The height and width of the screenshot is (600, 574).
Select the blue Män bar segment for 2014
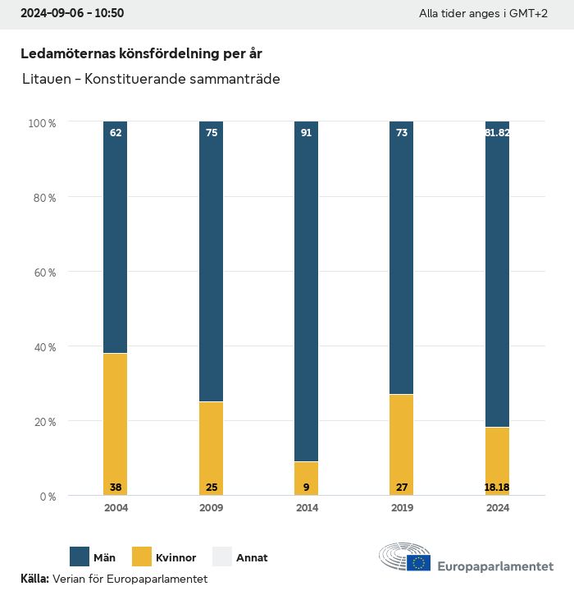pos(307,291)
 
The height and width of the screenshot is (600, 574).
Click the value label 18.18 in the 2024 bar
pos(497,488)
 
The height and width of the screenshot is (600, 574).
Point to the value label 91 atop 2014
pos(307,132)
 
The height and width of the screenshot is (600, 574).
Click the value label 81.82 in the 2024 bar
pos(497,132)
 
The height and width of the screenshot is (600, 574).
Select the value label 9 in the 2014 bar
pos(307,488)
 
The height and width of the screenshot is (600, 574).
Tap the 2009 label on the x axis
pos(211,508)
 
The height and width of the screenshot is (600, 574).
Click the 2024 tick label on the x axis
pos(497,508)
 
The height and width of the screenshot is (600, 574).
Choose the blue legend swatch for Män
pos(80,557)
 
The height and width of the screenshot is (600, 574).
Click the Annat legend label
pos(252,558)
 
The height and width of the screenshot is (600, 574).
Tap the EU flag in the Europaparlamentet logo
pos(419,562)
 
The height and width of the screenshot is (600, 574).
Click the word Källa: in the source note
pos(34,579)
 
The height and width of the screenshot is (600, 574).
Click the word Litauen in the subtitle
pos(44,80)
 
